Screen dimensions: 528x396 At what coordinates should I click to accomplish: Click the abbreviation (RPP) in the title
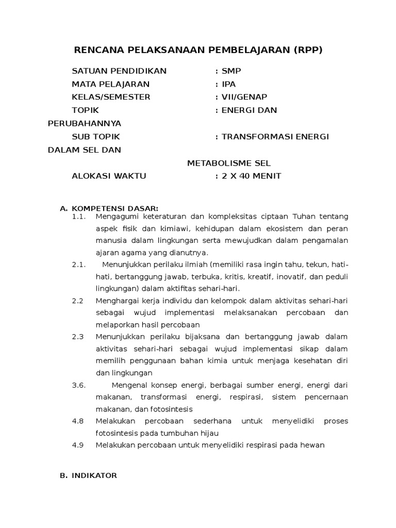click(307, 50)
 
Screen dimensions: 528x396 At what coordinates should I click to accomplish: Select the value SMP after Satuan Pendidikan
click(230, 71)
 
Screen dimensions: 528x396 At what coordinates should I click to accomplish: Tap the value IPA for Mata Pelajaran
click(228, 84)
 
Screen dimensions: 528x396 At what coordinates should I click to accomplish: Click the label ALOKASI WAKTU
click(109, 176)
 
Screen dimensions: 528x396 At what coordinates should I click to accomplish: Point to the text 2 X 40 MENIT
click(251, 176)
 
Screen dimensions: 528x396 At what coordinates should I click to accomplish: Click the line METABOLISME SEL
click(228, 163)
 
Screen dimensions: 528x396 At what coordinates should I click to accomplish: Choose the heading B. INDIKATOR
click(89, 475)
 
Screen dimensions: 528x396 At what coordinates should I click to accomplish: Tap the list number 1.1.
click(78, 217)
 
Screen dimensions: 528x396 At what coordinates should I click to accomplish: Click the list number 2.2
click(78, 301)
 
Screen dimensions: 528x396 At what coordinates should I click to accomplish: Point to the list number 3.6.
click(78, 385)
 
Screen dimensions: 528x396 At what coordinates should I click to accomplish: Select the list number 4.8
click(78, 421)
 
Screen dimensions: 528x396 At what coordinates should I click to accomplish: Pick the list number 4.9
click(78, 445)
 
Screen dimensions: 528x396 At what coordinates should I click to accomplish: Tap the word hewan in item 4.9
click(313, 445)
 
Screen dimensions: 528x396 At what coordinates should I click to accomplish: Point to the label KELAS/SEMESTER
click(111, 97)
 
